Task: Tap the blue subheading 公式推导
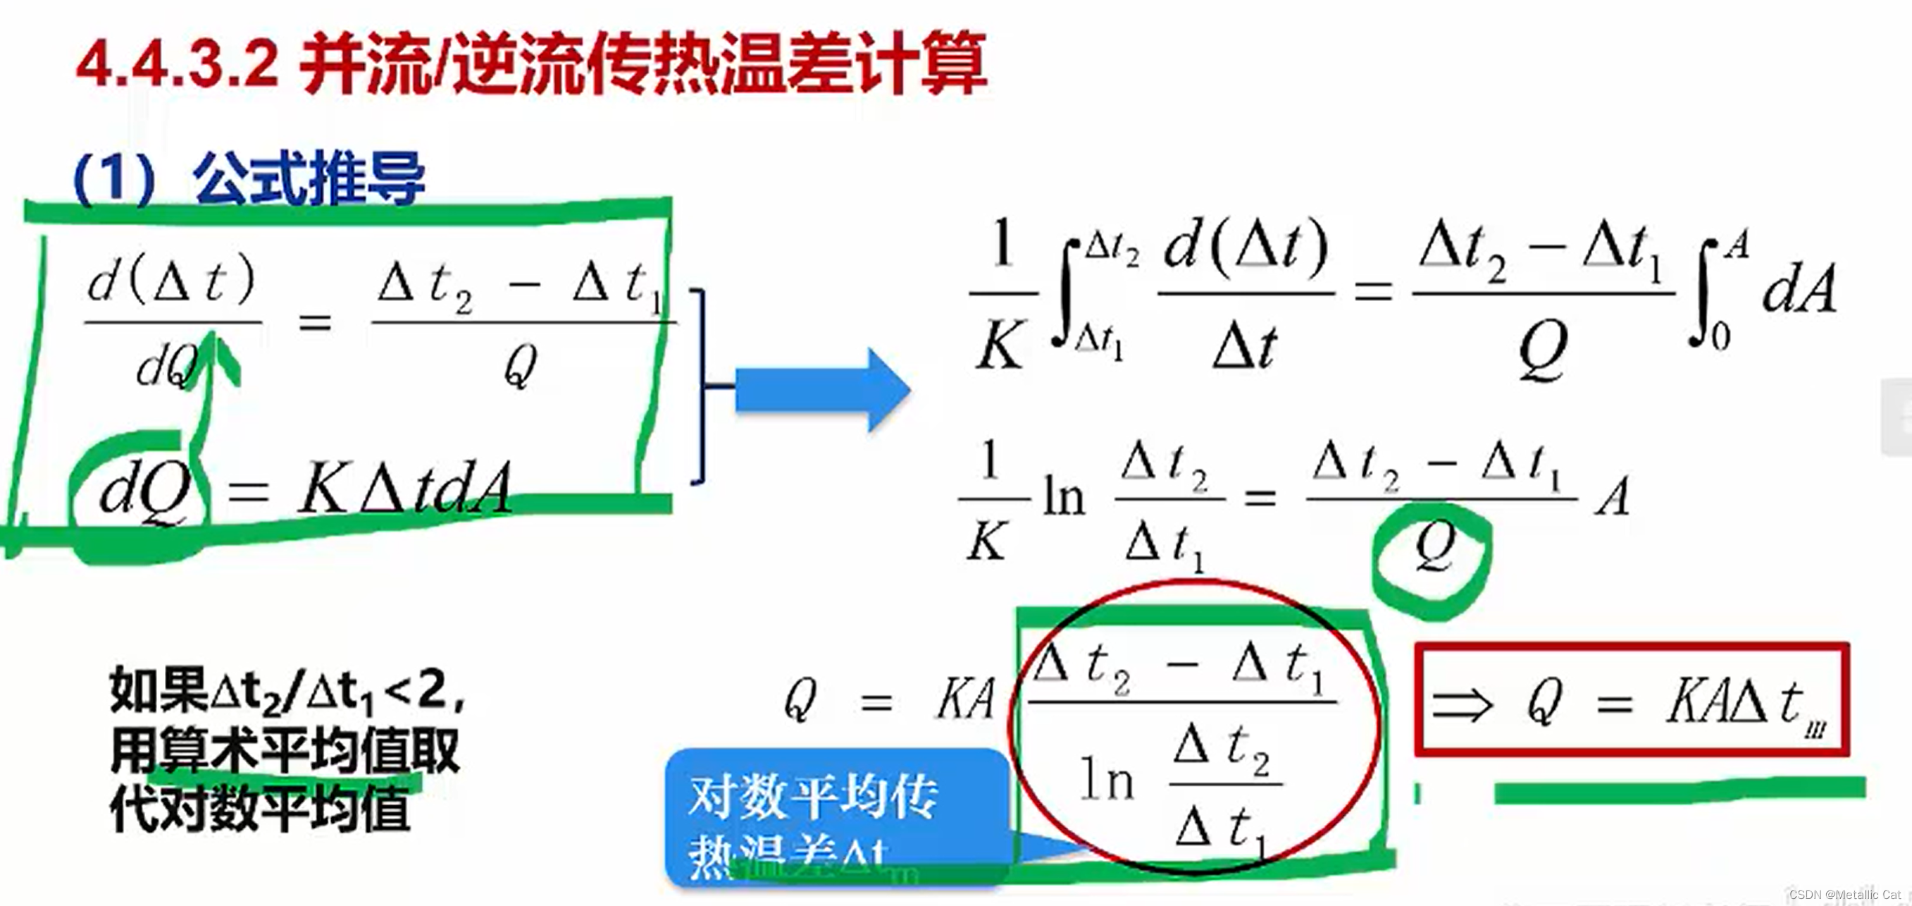pos(309,178)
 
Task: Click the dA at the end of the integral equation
pos(1799,290)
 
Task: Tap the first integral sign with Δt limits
pos(1066,293)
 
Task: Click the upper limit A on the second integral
pos(1736,245)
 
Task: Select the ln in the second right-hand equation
pos(1064,496)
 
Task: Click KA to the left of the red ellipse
pos(965,699)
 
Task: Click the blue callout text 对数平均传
pos(813,797)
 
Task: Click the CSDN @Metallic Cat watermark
pos(1844,895)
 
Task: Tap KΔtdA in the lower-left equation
pos(404,488)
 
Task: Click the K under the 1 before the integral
pos(1000,345)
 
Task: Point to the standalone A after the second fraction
pos(1613,496)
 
